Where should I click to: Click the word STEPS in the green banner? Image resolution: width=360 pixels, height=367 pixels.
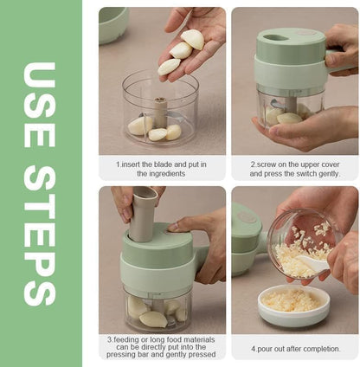[x=41, y=232]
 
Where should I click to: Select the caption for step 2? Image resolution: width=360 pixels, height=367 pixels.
[x=295, y=168]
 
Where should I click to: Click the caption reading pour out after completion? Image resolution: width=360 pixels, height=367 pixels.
[x=295, y=349]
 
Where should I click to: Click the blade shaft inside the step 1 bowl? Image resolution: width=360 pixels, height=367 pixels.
[x=160, y=113]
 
